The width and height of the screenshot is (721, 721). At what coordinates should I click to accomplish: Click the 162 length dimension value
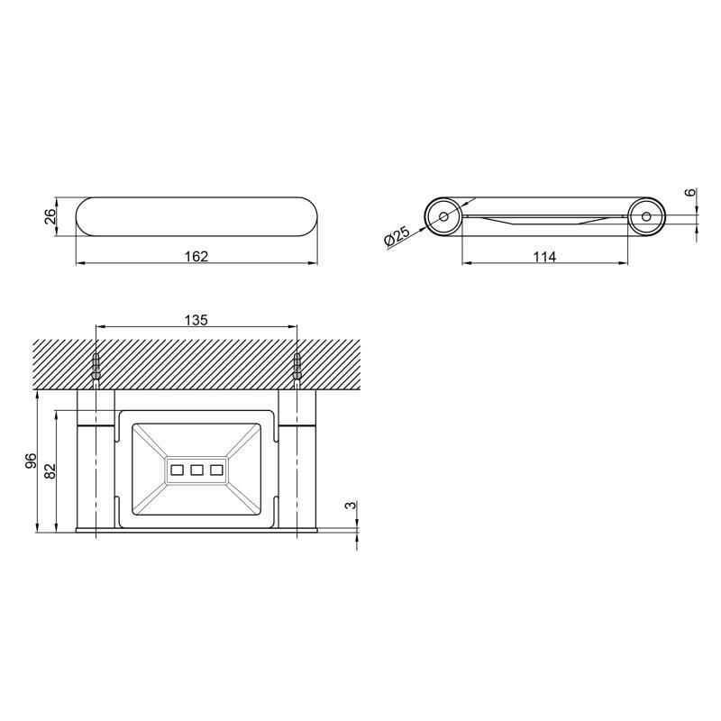point(196,256)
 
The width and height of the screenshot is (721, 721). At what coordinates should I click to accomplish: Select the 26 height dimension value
point(50,216)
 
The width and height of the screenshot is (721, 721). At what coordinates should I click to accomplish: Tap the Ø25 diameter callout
point(397,236)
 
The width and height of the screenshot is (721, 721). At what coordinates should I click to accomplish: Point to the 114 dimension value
point(545,256)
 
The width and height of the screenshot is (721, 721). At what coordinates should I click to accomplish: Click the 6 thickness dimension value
point(690,192)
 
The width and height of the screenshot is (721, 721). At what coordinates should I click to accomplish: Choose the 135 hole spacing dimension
point(196,320)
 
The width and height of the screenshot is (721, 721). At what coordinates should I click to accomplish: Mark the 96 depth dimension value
point(31,461)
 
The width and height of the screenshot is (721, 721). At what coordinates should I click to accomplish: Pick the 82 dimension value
point(50,470)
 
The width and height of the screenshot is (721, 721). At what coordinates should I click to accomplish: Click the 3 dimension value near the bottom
point(351,506)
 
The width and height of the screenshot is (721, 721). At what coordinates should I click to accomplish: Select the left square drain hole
point(177,470)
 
